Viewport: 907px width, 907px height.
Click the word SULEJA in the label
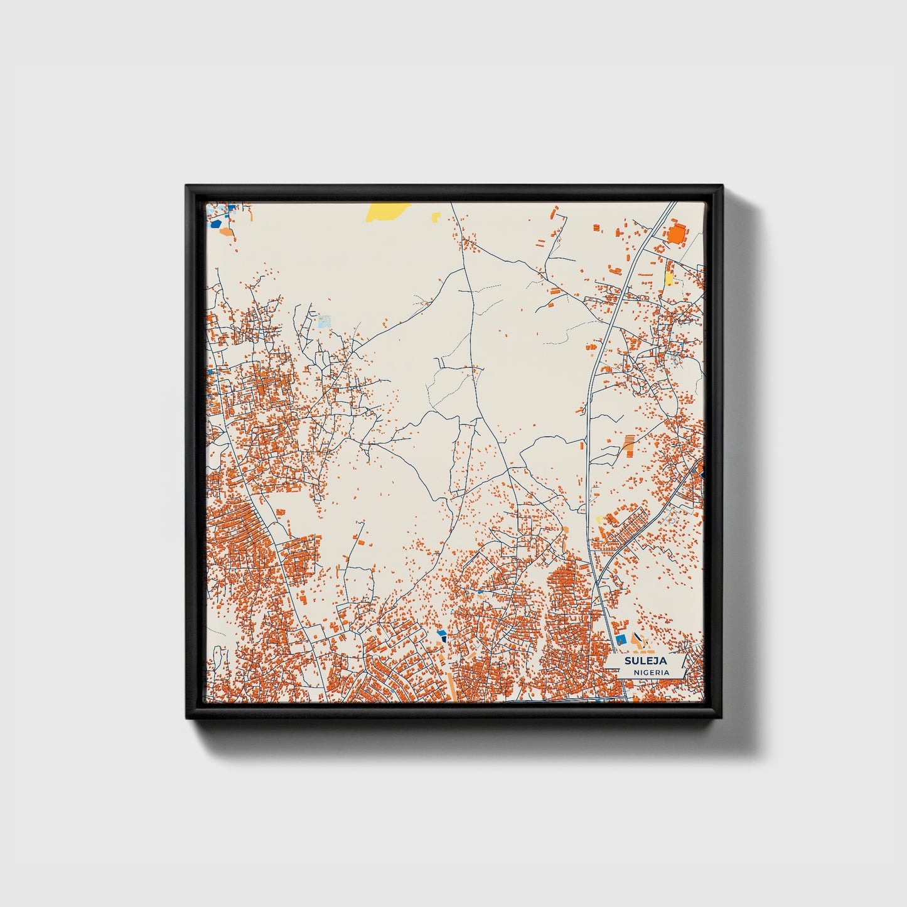point(645,661)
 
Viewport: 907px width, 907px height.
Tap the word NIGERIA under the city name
point(651,672)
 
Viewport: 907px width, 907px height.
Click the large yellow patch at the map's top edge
point(387,211)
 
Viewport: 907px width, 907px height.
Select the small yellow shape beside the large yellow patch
point(436,217)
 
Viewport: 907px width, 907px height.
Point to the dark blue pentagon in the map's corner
point(216,223)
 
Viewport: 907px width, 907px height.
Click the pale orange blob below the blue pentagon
point(226,232)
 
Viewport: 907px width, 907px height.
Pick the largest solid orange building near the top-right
point(677,235)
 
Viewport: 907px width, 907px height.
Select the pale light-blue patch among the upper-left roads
point(324,321)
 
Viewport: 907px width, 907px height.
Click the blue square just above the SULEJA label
point(621,639)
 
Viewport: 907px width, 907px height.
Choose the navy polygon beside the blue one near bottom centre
point(444,638)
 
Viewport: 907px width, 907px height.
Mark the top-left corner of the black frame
point(187,186)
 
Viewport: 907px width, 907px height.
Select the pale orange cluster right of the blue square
point(644,641)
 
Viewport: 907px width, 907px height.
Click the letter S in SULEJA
point(627,661)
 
